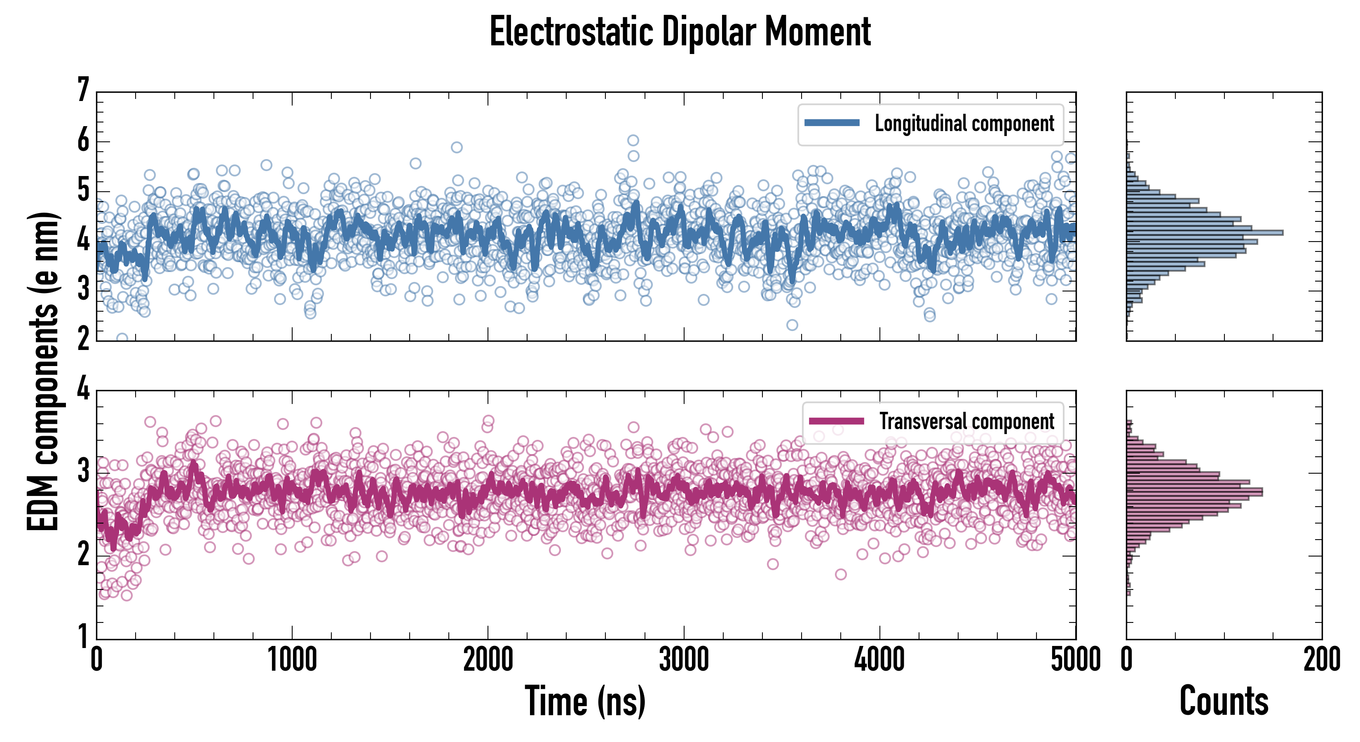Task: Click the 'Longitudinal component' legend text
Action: [x=964, y=124]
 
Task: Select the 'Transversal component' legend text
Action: [x=966, y=421]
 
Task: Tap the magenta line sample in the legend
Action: [x=836, y=421]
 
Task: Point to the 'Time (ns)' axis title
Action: [x=585, y=701]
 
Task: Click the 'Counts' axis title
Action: [x=1224, y=701]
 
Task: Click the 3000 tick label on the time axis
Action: [x=684, y=660]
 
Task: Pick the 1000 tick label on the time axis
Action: [x=292, y=660]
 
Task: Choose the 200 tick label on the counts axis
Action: [x=1321, y=660]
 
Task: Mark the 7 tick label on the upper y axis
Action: [x=83, y=90]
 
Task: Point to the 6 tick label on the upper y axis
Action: [x=83, y=141]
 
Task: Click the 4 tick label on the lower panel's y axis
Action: [x=83, y=389]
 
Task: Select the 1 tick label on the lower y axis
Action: [x=83, y=636]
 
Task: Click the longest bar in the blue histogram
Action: [x=1204, y=232]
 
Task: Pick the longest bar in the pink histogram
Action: [x=1194, y=492]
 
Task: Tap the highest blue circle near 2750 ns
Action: [x=633, y=140]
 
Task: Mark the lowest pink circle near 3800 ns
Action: [x=840, y=574]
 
